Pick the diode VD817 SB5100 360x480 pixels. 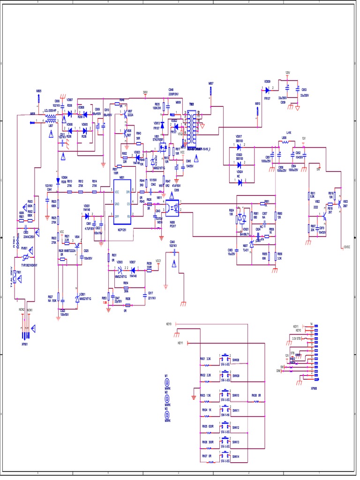(239, 146)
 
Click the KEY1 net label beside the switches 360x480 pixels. (180, 344)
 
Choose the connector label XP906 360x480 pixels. (314, 388)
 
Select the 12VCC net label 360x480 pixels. (346, 247)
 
